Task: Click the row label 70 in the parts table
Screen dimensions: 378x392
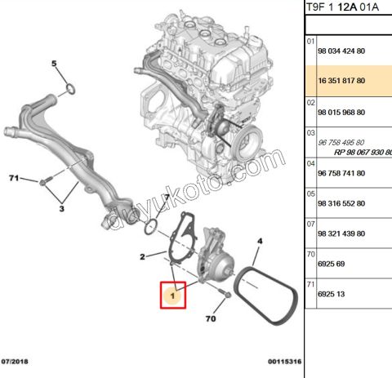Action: point(310,254)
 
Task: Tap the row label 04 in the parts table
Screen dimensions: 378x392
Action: point(310,162)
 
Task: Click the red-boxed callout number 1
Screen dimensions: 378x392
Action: point(174,293)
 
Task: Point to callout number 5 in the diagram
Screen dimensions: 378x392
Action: point(55,64)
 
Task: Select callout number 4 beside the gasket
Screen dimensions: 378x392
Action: point(261,242)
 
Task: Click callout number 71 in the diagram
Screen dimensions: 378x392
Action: point(14,177)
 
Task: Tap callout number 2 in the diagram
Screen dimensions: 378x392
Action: point(142,257)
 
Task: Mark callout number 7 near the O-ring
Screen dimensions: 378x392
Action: point(165,198)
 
